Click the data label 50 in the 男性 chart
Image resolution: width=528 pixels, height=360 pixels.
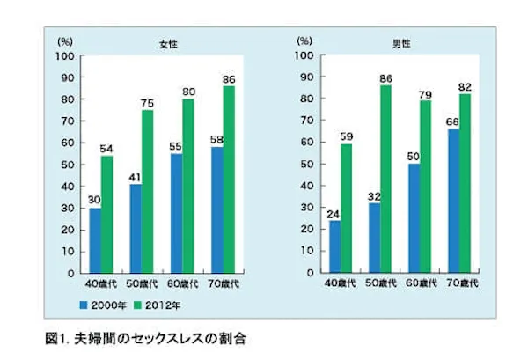coord(413,156)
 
